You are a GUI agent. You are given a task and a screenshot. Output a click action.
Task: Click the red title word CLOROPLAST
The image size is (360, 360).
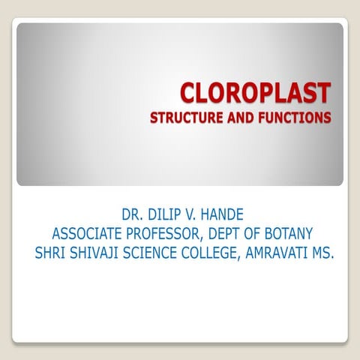tap(255, 94)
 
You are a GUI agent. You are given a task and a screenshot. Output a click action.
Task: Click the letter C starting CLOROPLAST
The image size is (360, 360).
tap(187, 94)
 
